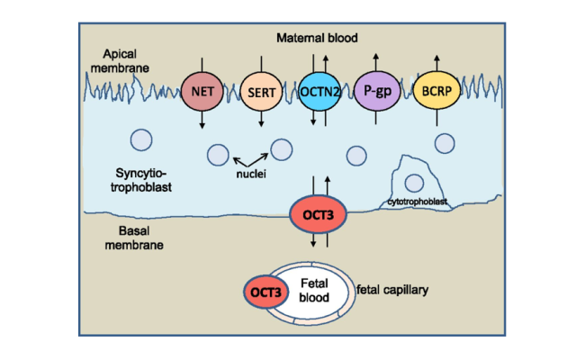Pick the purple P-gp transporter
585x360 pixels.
[377, 91]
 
